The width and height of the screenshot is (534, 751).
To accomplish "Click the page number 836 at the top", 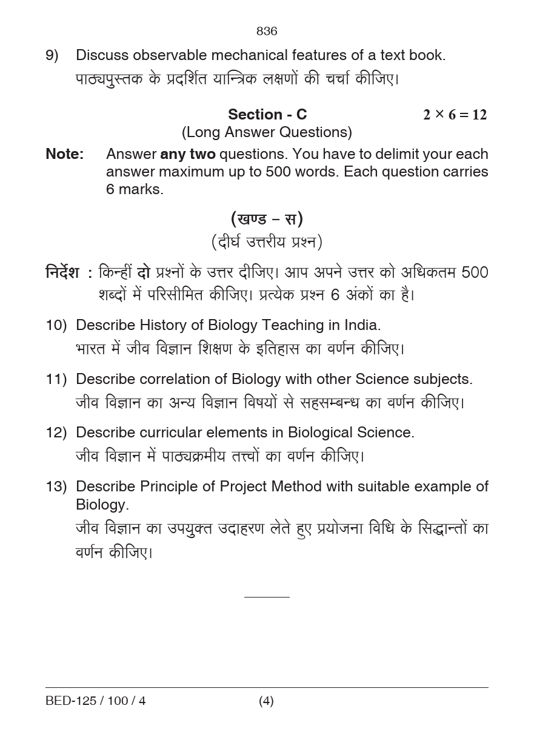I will (267, 32).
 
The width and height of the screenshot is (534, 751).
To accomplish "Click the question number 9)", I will (52, 55).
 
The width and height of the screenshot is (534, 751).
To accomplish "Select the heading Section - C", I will (267, 114).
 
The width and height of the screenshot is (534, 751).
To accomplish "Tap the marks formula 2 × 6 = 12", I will (455, 115).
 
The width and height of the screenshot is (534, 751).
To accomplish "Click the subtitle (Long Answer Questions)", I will (267, 132).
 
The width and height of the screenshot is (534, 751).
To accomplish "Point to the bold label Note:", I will (64, 154).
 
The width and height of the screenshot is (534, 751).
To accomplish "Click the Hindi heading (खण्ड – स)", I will (267, 218).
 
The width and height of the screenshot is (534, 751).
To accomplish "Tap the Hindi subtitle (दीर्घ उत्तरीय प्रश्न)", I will (267, 242).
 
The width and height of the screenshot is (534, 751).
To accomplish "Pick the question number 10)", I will (56, 325).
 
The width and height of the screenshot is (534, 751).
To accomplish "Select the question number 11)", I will (56, 379).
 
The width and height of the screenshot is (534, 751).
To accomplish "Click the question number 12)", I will (56, 433).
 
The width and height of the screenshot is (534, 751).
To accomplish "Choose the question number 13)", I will (56, 487).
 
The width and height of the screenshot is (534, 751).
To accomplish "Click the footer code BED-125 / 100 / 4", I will (96, 701).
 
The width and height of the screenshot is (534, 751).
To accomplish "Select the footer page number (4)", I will (266, 701).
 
